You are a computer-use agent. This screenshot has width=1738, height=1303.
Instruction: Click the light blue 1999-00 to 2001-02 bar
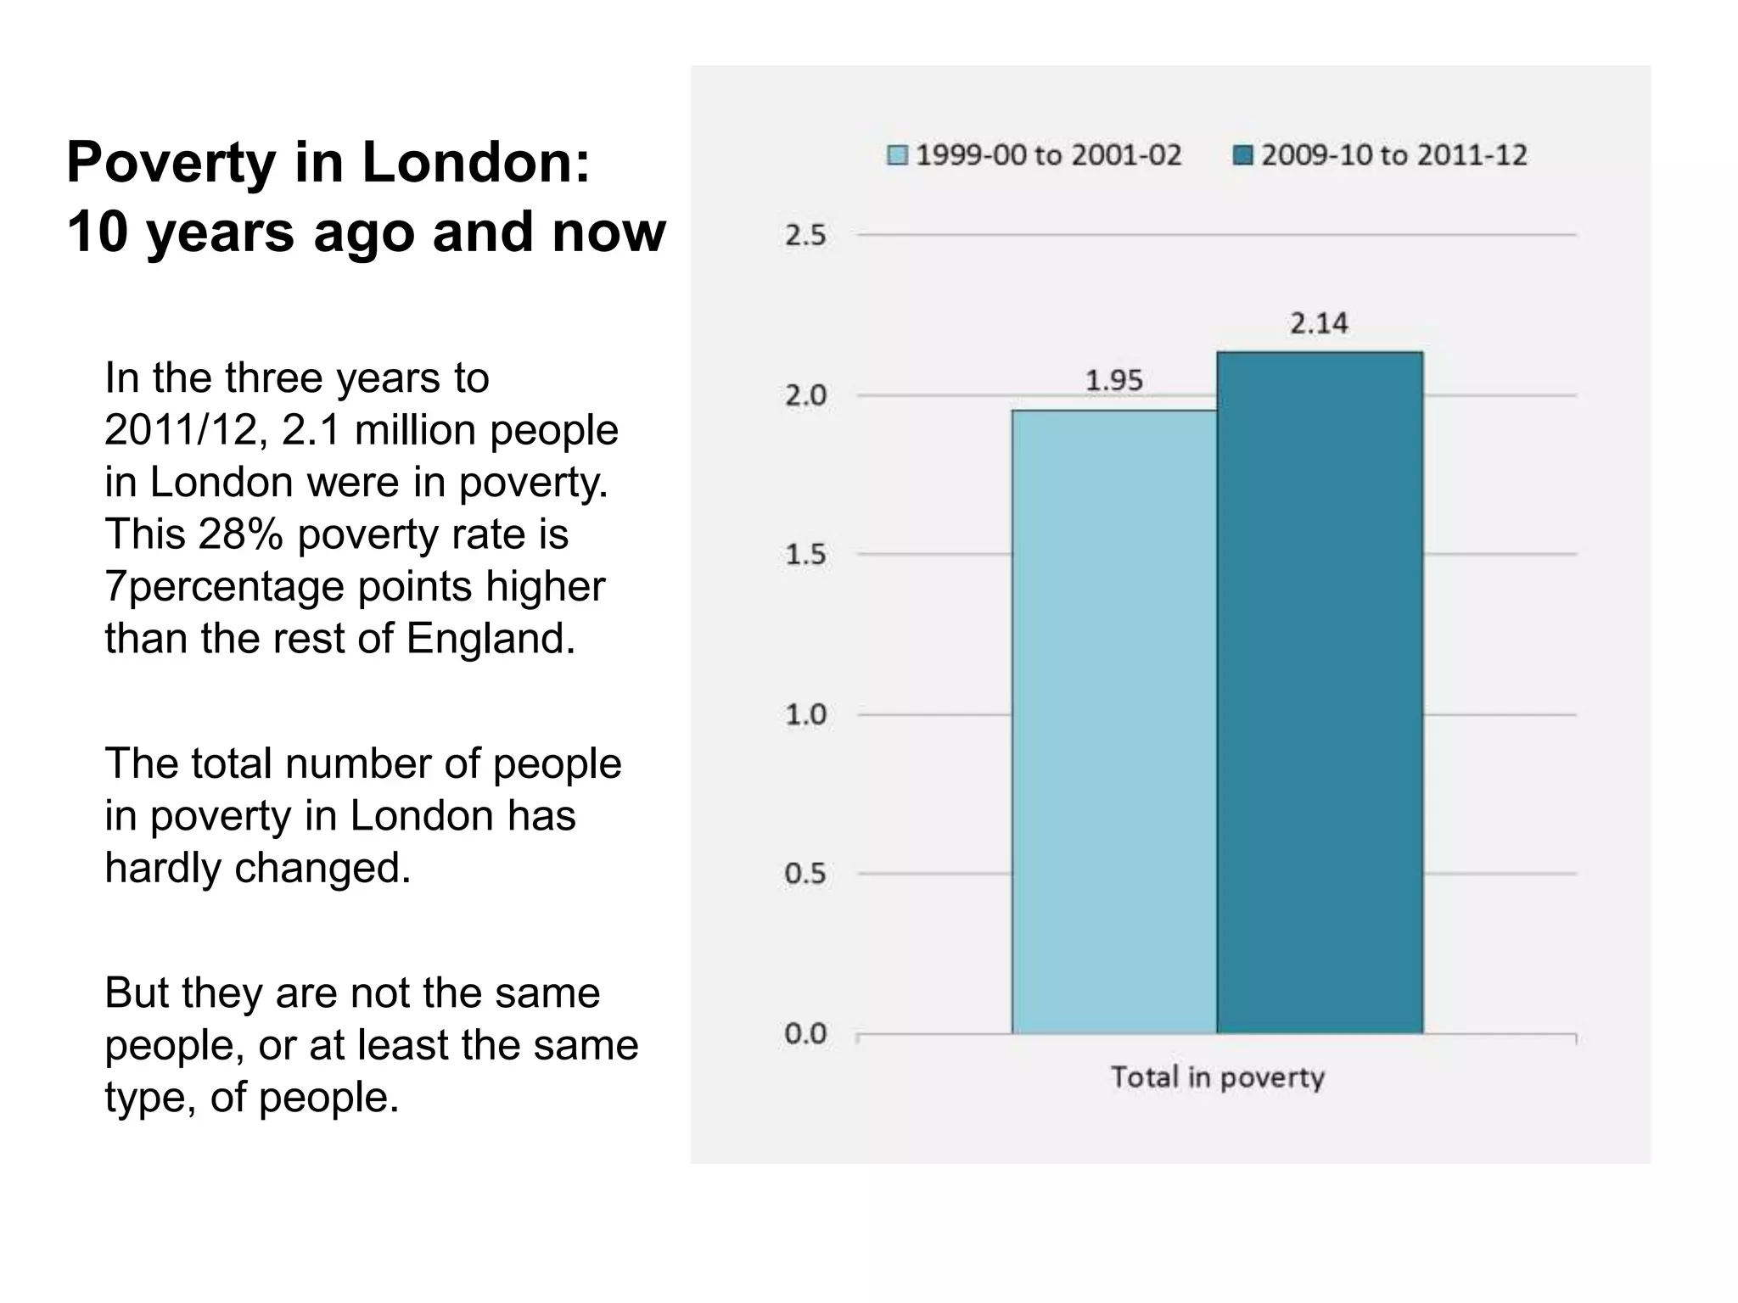tap(1113, 721)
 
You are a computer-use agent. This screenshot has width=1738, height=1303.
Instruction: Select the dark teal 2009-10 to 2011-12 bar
tap(1320, 691)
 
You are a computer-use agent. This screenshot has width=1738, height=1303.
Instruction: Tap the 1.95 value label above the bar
tap(1114, 381)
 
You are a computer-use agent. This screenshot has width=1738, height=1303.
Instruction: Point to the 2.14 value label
tap(1319, 323)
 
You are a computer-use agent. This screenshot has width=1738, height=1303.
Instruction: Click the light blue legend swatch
tap(897, 155)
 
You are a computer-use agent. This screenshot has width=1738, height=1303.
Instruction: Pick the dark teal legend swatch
tap(1242, 155)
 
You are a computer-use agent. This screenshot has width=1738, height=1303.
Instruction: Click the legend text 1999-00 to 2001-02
tap(1049, 155)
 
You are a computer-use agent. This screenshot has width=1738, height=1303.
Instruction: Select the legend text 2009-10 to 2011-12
tap(1394, 155)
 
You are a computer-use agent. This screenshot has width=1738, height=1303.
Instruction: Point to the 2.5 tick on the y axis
tap(805, 235)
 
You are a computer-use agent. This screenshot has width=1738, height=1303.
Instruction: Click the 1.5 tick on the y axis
tap(805, 555)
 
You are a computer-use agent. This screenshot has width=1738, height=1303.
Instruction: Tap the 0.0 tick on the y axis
tap(805, 1034)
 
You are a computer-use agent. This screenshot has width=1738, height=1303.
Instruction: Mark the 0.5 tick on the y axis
tap(805, 874)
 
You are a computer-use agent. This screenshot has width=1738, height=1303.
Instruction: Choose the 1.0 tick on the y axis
tap(805, 715)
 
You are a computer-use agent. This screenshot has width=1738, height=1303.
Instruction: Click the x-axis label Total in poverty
tap(1218, 1077)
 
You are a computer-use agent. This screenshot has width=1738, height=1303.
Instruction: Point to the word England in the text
tap(490, 639)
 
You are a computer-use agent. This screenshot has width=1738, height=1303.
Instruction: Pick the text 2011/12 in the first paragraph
tap(181, 430)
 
